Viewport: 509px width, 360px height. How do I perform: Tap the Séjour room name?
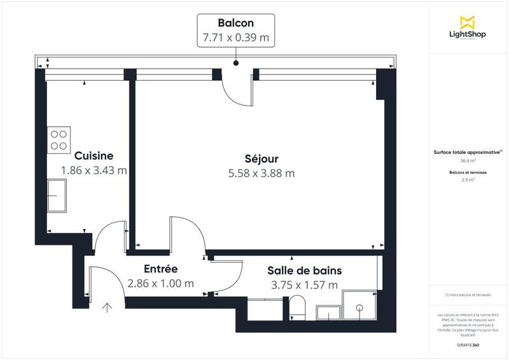261,158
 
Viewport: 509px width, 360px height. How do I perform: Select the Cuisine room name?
94,156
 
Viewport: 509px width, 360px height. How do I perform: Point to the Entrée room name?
160,269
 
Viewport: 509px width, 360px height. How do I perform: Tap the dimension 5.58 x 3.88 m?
261,172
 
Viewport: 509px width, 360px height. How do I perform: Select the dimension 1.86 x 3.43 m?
94,170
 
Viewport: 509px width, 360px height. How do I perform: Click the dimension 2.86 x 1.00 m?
160,284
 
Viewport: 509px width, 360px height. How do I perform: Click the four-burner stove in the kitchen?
59,140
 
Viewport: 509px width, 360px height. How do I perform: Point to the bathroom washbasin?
329,313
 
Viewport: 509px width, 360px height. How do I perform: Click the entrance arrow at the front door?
108,309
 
